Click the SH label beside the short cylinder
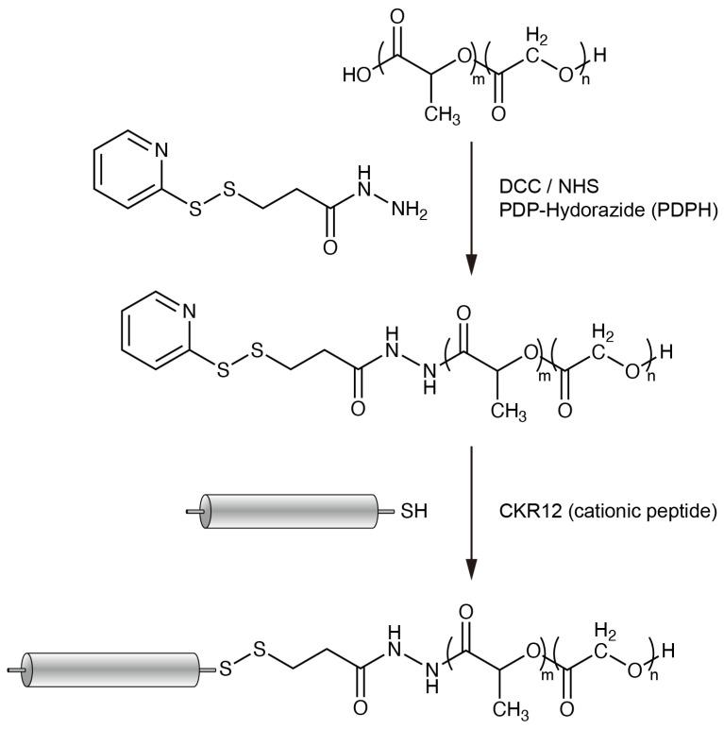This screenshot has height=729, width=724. pyautogui.click(x=414, y=513)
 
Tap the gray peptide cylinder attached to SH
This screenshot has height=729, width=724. pyautogui.click(x=293, y=513)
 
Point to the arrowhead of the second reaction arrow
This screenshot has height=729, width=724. pyautogui.click(x=471, y=571)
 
